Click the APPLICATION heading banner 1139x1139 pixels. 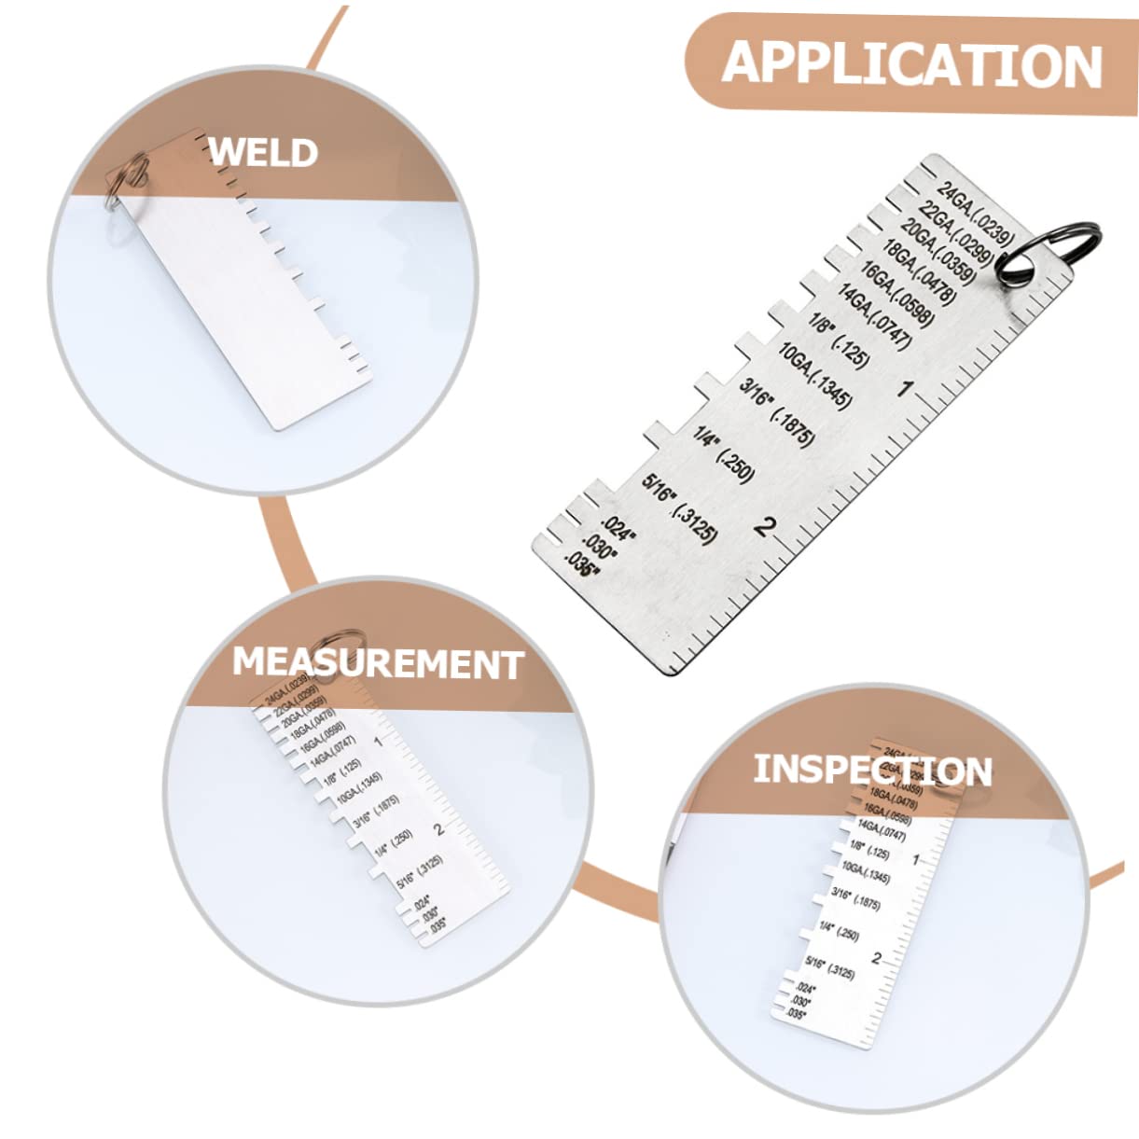coord(911,63)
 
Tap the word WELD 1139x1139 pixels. coord(262,152)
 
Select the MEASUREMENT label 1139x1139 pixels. coord(377,662)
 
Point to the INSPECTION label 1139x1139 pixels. coord(872,770)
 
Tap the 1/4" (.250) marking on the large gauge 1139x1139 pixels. coord(722,453)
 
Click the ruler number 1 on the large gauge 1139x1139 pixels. coord(903,388)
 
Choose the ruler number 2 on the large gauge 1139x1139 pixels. coord(764,527)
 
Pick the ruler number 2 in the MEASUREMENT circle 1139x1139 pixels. coord(439,828)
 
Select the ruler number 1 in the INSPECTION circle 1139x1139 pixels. coord(915,859)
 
